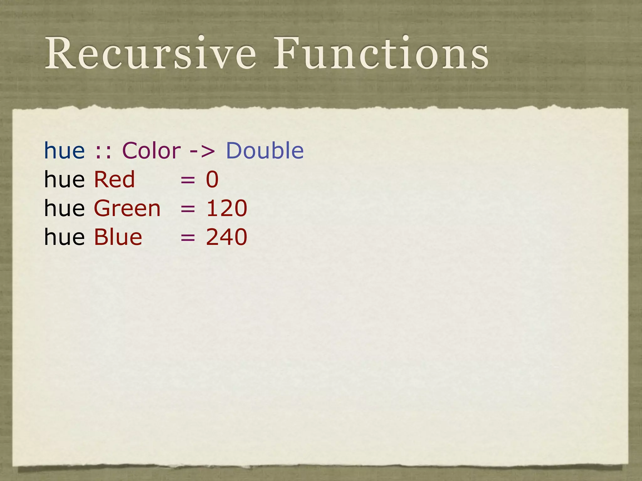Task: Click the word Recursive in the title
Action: click(x=150, y=53)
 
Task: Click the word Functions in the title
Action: click(x=381, y=53)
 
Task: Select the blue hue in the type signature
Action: click(x=64, y=151)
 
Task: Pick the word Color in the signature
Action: click(x=151, y=151)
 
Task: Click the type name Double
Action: click(x=265, y=151)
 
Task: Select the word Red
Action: click(x=114, y=180)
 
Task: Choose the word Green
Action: click(x=127, y=209)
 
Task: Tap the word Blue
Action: click(x=118, y=237)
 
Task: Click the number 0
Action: click(x=212, y=180)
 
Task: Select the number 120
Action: click(x=227, y=209)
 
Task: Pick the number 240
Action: click(x=227, y=237)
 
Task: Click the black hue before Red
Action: click(x=64, y=180)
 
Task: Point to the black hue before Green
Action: click(x=64, y=209)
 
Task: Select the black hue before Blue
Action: click(x=64, y=237)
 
